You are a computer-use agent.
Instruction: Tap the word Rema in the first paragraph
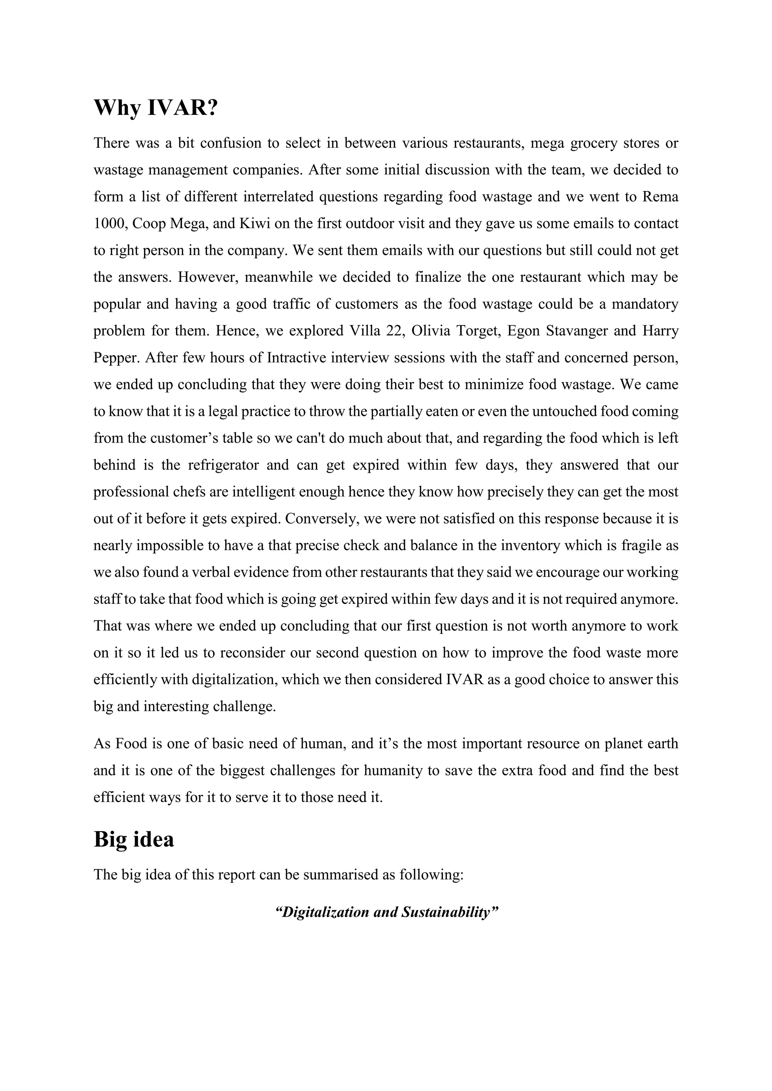pyautogui.click(x=660, y=197)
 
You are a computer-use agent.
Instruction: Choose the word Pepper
pyautogui.click(x=115, y=358)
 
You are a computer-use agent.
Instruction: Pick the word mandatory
pyautogui.click(x=645, y=304)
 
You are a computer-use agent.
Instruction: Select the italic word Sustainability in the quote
pyautogui.click(x=446, y=912)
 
